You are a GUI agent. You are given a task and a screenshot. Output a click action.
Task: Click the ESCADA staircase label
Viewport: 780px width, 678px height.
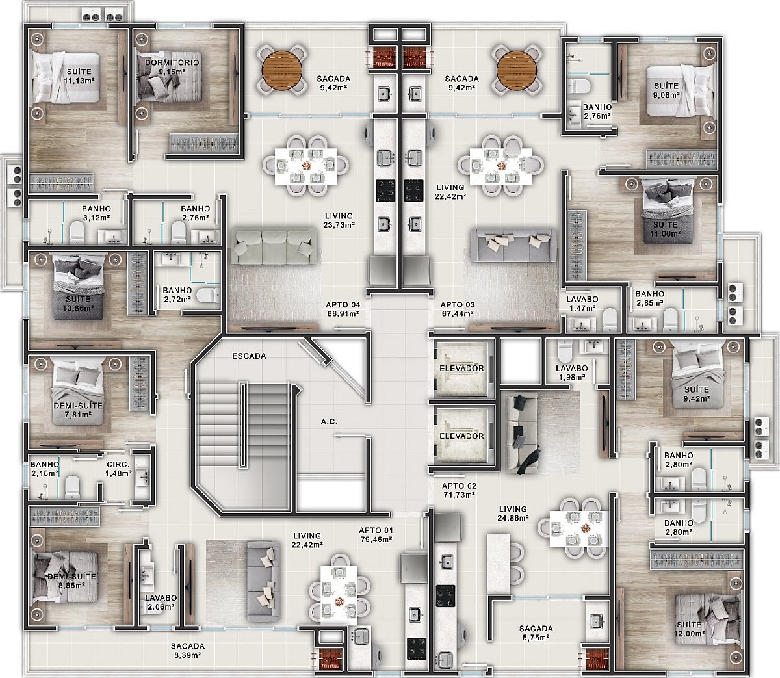[x=249, y=356]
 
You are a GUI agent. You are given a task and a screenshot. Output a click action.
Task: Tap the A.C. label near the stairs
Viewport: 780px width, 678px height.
[x=329, y=422]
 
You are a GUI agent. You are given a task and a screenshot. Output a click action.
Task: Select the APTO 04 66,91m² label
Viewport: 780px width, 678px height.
[x=343, y=309]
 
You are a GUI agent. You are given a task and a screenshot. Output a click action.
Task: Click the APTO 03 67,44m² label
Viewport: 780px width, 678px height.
[x=458, y=309]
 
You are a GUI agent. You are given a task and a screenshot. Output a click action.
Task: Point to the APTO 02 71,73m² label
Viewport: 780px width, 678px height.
[x=459, y=491]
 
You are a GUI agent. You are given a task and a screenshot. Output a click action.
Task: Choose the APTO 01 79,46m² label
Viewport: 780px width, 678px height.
[x=376, y=535]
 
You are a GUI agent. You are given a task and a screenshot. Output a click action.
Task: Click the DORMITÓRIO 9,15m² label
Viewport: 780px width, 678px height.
[x=172, y=67]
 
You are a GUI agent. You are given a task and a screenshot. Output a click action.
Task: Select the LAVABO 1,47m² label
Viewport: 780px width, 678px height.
[x=582, y=304]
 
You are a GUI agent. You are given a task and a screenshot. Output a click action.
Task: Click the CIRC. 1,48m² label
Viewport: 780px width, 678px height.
[x=118, y=469]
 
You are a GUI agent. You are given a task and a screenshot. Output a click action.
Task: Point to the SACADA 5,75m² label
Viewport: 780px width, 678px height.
[x=536, y=633]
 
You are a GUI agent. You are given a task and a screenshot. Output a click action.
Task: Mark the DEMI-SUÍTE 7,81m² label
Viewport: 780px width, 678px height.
[x=78, y=410]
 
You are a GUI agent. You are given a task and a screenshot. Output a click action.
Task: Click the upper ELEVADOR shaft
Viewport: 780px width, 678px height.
[x=461, y=367]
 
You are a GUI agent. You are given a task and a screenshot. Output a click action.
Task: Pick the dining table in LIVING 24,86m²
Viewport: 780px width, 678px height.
[x=578, y=530]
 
